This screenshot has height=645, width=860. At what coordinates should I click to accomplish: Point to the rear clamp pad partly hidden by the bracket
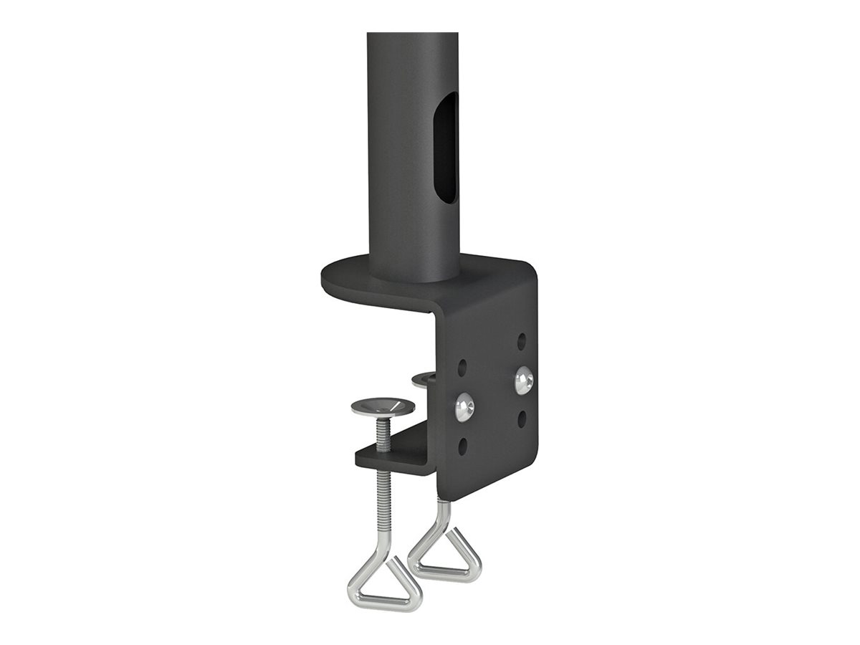click(x=424, y=378)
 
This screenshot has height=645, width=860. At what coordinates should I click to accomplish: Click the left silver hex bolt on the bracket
click(x=463, y=406)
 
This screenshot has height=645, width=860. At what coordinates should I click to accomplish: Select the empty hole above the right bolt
click(x=523, y=337)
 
